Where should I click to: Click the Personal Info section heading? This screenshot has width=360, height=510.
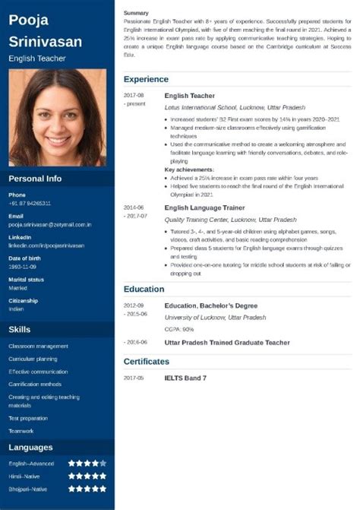pos(34,179)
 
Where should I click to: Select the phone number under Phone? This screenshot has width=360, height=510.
pos(30,203)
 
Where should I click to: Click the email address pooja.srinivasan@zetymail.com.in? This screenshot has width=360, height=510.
pos(50,225)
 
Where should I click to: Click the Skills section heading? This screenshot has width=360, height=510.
pos(20,329)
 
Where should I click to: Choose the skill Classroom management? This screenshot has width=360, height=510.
pos(38,347)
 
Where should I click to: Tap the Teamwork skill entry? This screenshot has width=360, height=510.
pos(21,429)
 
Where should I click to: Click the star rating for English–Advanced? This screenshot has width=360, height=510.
pos(87,462)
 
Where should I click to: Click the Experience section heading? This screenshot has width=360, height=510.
pos(146,79)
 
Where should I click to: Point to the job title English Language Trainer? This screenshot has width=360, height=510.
pos(204,207)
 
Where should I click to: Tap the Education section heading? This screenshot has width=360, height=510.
pos(144,289)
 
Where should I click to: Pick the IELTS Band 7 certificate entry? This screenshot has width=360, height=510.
pos(185,378)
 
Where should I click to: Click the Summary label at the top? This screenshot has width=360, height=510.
pos(136,13)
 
